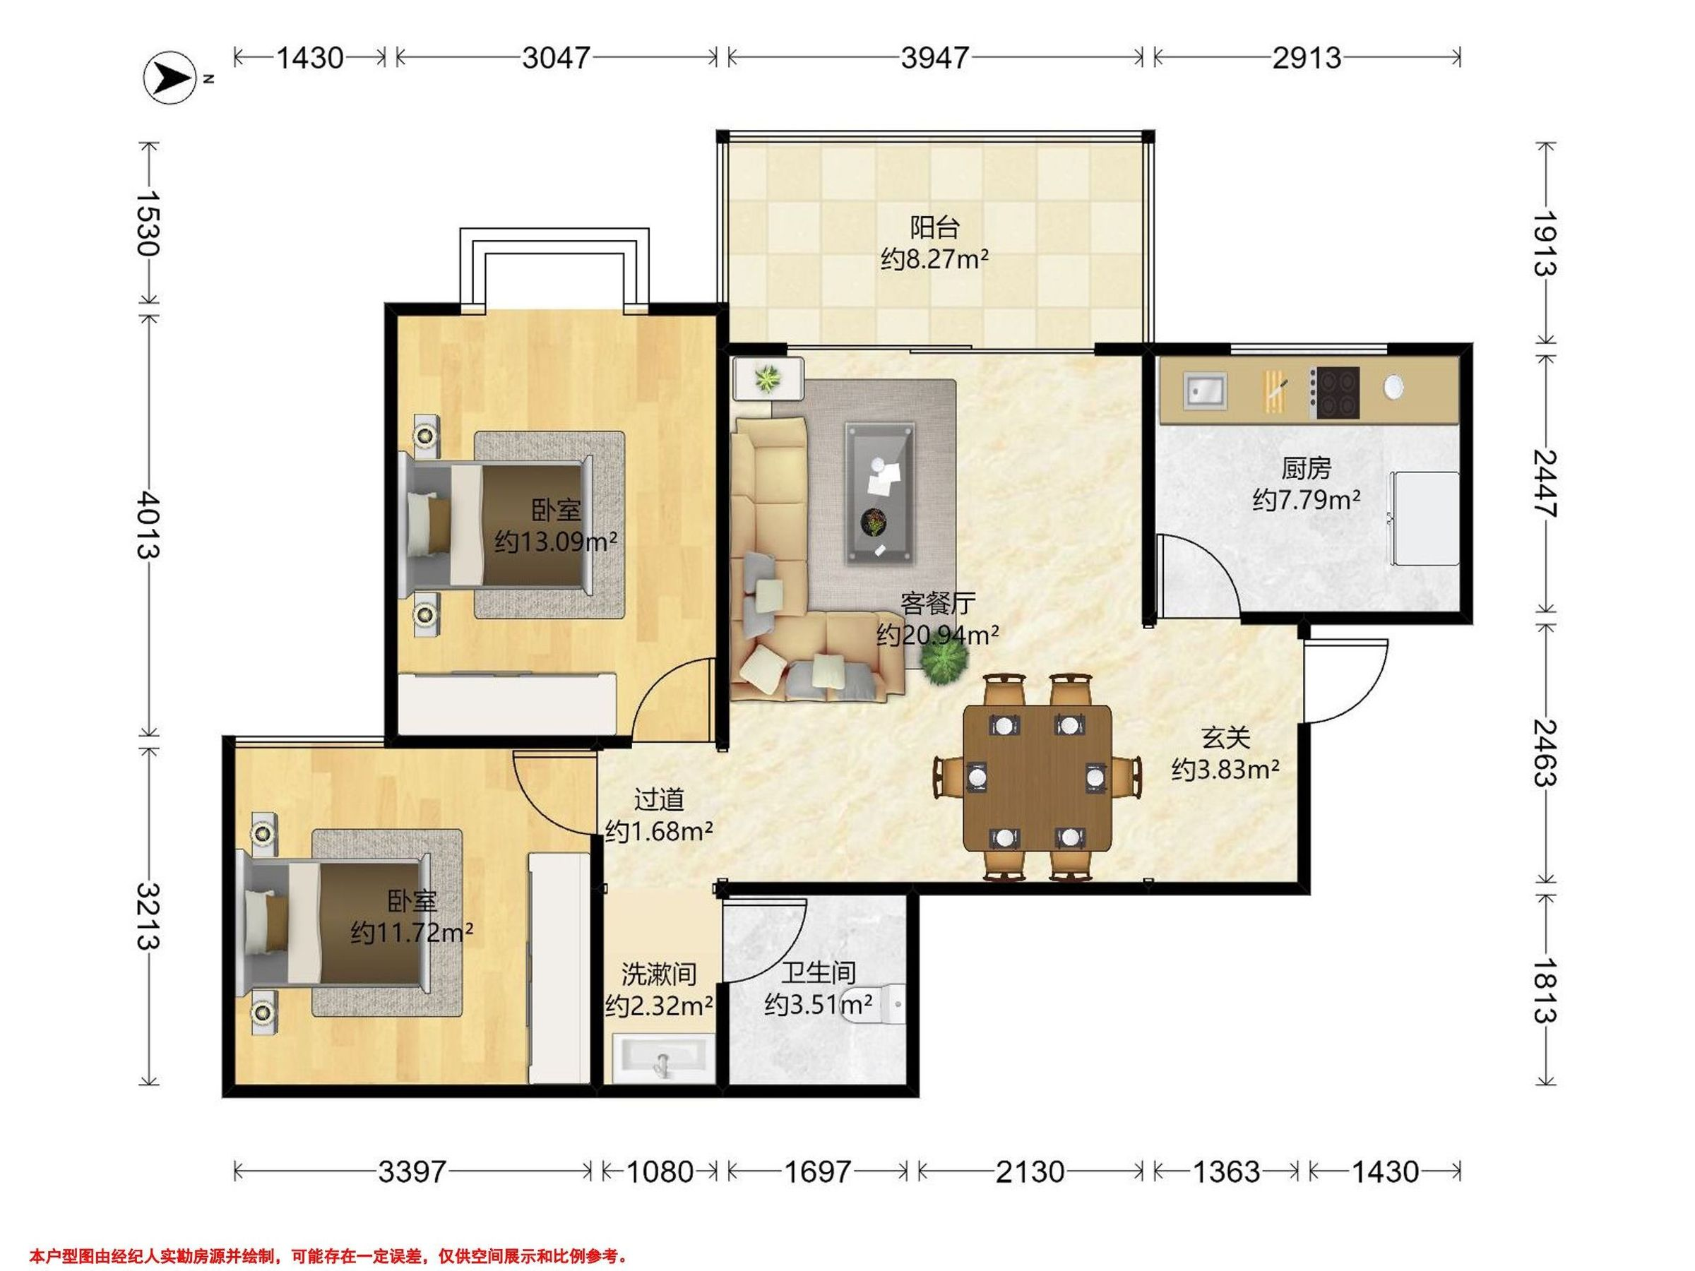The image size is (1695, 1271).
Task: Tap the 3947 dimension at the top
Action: (935, 57)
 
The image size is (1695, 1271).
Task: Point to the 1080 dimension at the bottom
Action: (659, 1171)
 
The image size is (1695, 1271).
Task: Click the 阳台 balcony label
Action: (935, 227)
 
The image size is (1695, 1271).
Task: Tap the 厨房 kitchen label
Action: (1306, 468)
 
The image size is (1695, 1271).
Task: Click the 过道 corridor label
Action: (659, 800)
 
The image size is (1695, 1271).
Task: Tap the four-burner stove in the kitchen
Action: (1334, 393)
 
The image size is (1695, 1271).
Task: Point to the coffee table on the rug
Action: (881, 493)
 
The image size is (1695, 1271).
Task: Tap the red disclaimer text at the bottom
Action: (328, 1256)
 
